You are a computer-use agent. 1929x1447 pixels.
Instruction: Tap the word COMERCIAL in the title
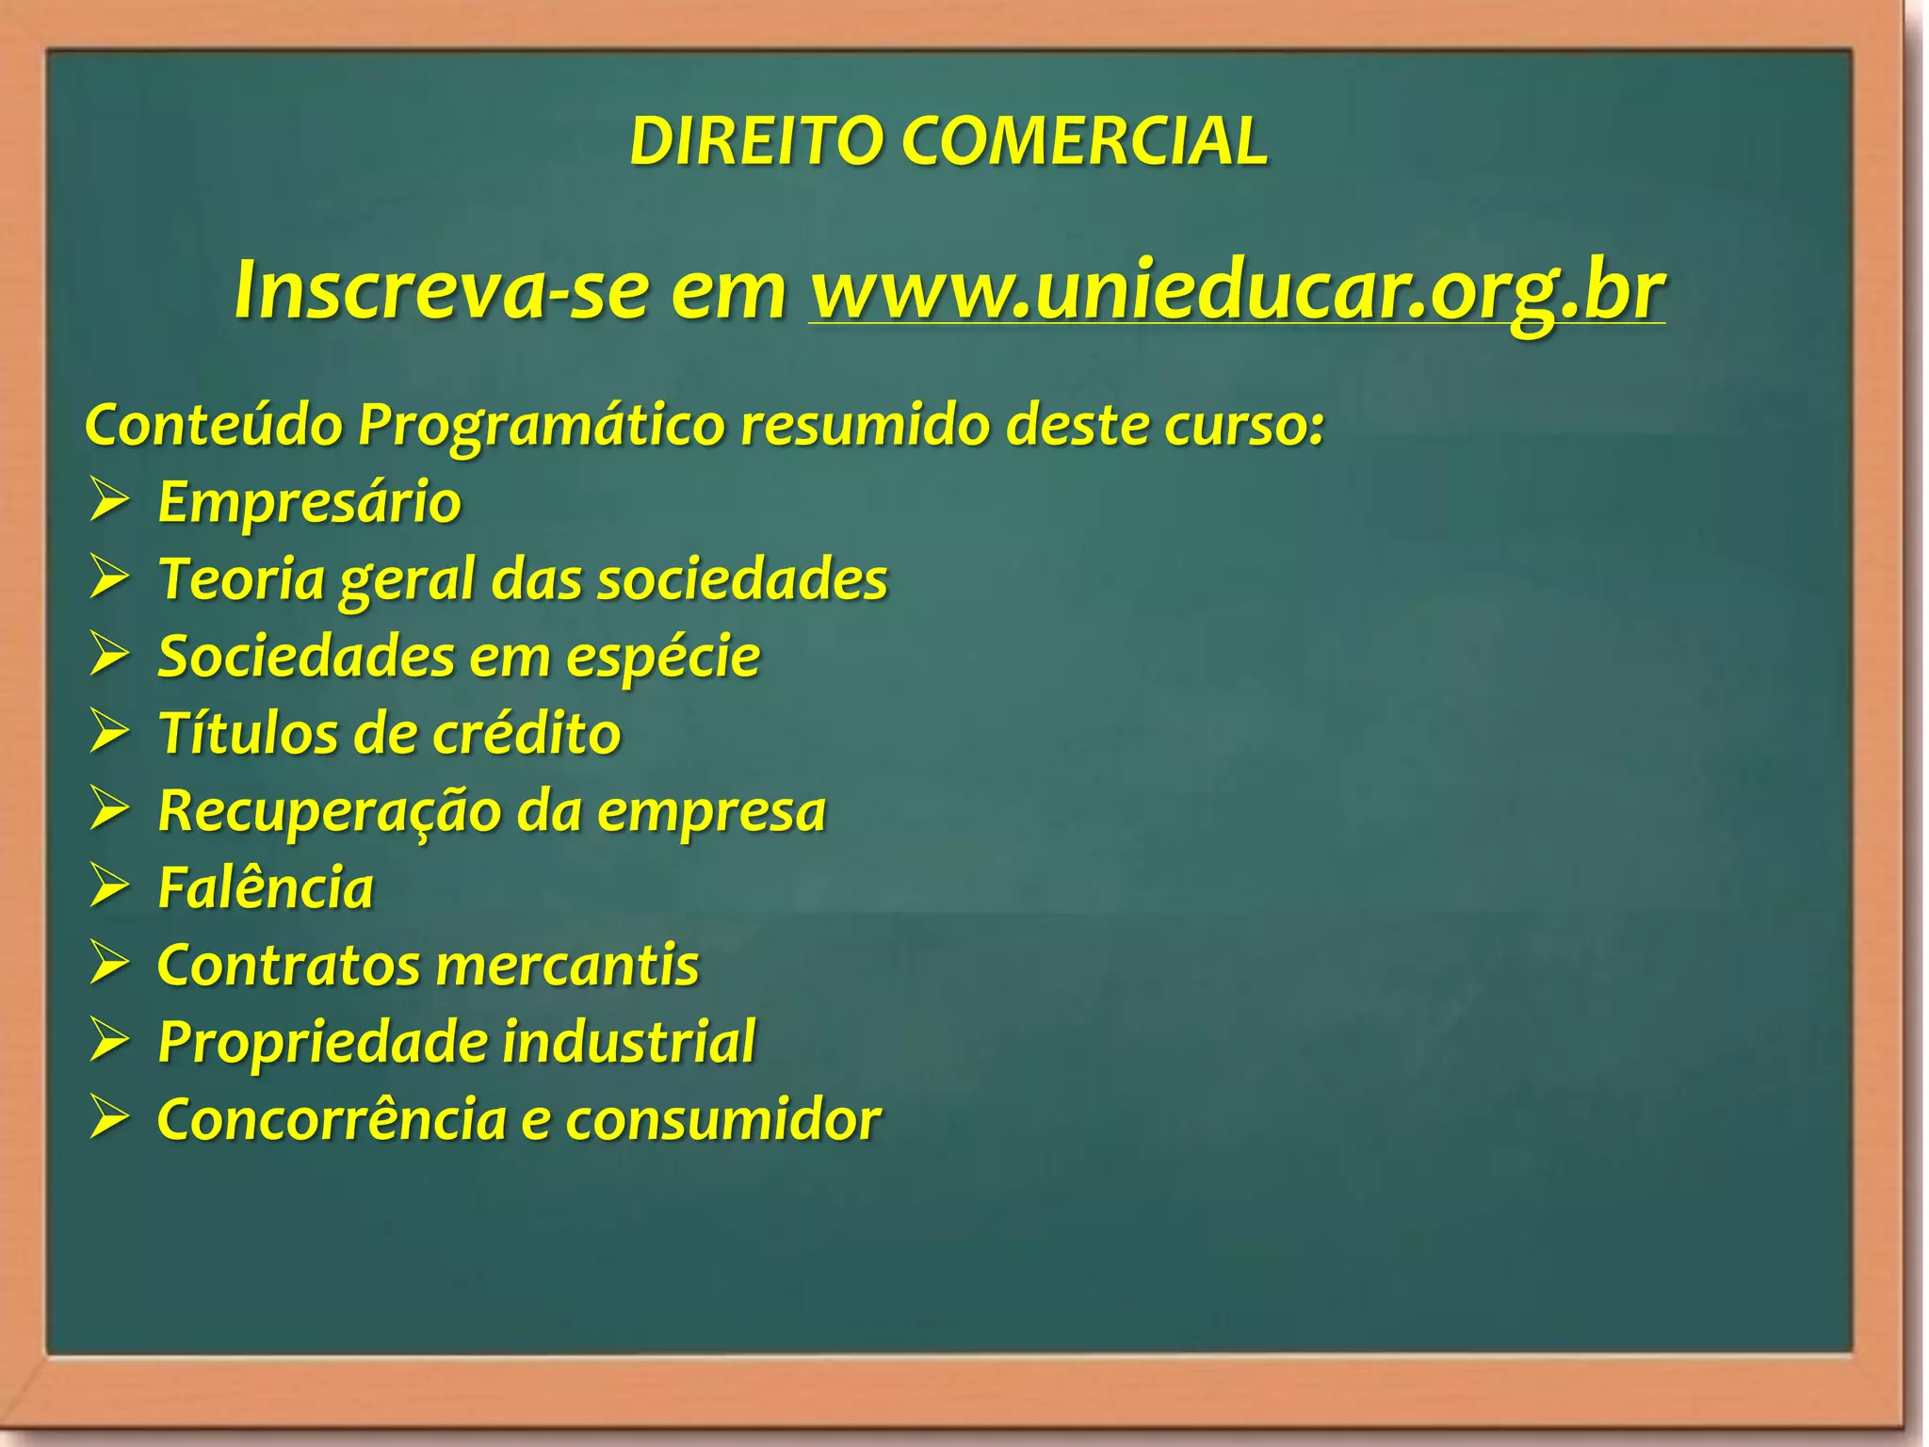tap(1084, 141)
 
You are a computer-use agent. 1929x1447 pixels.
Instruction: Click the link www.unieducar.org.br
tap(1237, 289)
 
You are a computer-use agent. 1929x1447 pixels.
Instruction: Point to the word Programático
tap(541, 426)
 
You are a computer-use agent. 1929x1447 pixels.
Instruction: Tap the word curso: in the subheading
tap(1243, 426)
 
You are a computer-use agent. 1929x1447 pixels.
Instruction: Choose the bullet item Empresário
tap(309, 501)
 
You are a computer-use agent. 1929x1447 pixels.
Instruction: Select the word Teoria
tap(241, 578)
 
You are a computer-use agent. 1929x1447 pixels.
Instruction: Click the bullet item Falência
tap(266, 887)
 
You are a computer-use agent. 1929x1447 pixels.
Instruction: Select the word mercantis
tap(568, 966)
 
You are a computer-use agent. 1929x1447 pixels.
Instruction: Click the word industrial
tap(628, 1041)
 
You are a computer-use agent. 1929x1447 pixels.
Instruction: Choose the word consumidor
tap(722, 1120)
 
